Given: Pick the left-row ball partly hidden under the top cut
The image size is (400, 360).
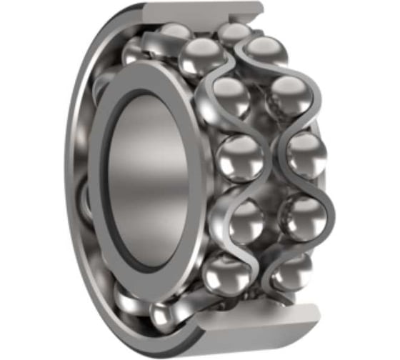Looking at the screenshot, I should [176, 31].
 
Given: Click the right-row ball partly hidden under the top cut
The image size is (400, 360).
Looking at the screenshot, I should [234, 33].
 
